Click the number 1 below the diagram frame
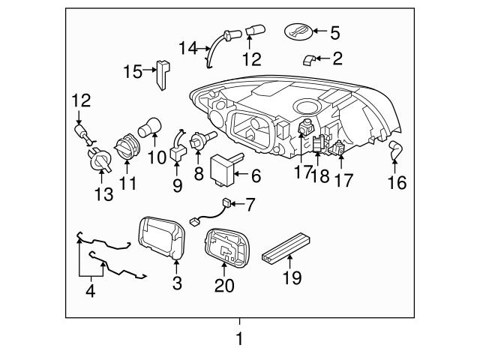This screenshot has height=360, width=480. click(239, 339)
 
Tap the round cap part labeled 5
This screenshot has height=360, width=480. click(298, 32)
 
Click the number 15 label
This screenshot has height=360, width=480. click(133, 71)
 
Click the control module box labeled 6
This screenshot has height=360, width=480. click(222, 166)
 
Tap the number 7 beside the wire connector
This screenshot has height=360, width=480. click(250, 204)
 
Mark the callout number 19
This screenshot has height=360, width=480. click(292, 278)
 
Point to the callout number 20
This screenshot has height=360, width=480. click(224, 285)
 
